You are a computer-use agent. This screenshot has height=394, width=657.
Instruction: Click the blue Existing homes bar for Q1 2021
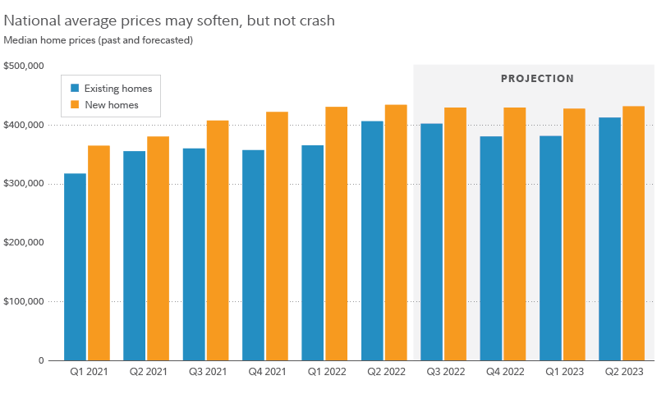click(75, 267)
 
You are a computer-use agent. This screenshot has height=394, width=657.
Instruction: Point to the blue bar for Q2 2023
click(610, 239)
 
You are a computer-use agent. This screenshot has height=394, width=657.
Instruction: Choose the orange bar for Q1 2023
click(574, 234)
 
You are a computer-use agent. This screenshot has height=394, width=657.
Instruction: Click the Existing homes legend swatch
click(75, 89)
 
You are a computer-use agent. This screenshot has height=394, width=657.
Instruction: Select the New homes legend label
click(112, 105)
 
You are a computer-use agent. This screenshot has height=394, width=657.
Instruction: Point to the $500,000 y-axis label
click(24, 66)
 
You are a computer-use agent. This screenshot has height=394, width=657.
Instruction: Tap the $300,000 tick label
click(24, 184)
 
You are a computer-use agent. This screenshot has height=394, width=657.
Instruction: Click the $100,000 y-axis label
click(24, 301)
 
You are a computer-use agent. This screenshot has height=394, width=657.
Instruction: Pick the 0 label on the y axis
click(39, 360)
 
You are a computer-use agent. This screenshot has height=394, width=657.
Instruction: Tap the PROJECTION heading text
click(537, 79)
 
